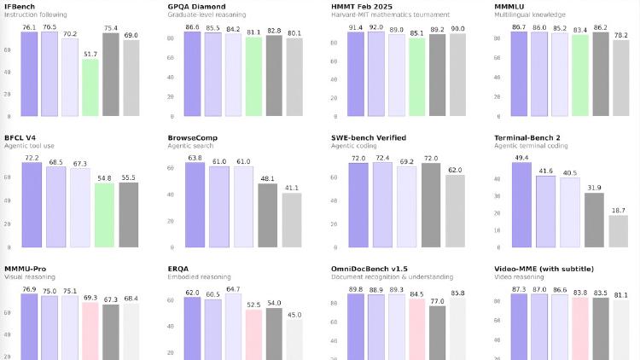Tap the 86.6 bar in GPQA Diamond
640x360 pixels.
tap(192, 73)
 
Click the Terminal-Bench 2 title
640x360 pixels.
tap(532, 137)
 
